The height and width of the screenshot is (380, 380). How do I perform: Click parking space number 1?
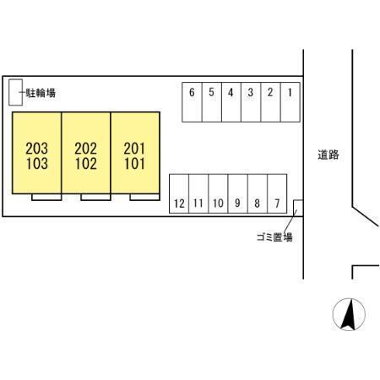(290, 102)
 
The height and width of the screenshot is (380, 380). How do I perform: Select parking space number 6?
(192, 102)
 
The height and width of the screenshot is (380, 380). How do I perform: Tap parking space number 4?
(231, 102)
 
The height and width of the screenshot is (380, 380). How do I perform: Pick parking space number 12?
(179, 193)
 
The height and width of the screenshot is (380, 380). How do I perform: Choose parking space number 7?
(277, 193)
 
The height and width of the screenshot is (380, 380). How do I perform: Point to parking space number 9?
(238, 193)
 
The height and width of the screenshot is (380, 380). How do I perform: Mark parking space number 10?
(218, 193)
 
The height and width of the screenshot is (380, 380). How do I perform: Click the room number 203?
(36, 149)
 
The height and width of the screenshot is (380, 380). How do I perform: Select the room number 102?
(86, 164)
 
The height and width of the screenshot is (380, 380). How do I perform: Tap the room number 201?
(134, 149)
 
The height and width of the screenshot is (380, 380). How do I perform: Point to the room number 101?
(134, 164)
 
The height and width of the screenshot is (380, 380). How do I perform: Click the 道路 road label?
(328, 155)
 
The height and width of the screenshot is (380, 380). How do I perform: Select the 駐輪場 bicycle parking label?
(41, 93)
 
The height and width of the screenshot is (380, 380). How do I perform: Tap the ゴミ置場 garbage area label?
(274, 237)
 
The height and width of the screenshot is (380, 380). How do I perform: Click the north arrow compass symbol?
(349, 314)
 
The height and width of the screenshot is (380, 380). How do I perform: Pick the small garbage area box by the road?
(298, 208)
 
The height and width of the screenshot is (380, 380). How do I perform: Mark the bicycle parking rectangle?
(15, 92)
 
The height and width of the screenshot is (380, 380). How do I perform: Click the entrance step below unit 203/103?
(46, 197)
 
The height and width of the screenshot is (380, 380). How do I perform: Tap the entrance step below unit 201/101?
(144, 197)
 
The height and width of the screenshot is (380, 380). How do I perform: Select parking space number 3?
(251, 102)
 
